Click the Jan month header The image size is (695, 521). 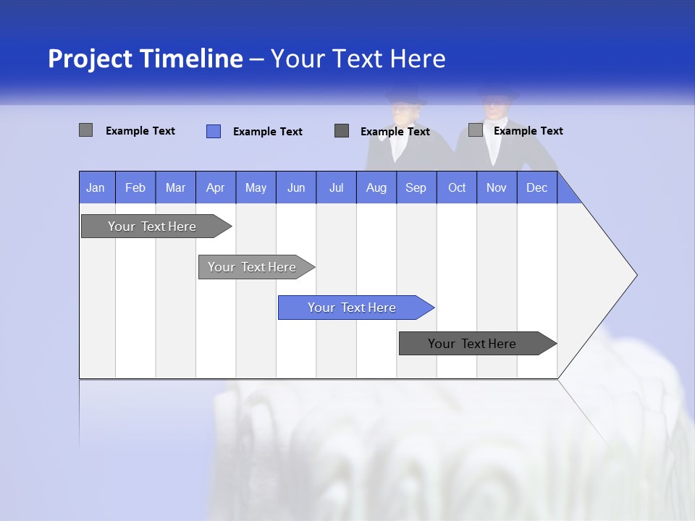click(96, 187)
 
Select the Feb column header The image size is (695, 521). click(135, 187)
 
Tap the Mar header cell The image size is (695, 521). click(175, 187)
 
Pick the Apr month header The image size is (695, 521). click(216, 187)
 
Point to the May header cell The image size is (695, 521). click(256, 187)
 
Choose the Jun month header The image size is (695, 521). click(296, 187)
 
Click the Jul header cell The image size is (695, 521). click(336, 187)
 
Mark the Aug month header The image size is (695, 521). click(376, 187)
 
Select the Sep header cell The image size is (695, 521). click(416, 187)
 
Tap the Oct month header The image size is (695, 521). click(457, 187)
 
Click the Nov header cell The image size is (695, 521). click(497, 187)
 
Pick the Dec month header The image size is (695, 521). click(537, 187)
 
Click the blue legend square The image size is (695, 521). click(214, 131)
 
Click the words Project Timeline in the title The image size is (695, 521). click(145, 59)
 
